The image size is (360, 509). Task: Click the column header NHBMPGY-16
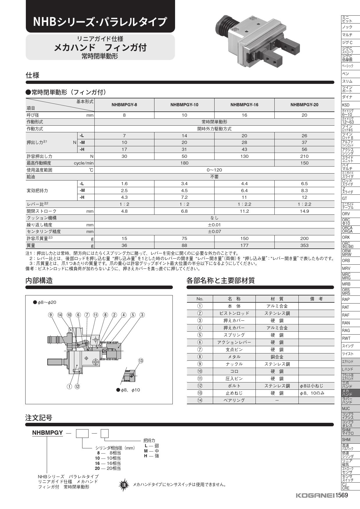[244, 105]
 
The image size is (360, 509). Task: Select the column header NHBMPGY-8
[124, 105]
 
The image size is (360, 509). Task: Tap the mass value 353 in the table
[304, 246]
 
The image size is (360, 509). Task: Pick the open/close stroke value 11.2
[244, 211]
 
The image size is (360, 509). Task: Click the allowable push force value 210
[304, 156]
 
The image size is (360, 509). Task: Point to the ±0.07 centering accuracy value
[214, 232]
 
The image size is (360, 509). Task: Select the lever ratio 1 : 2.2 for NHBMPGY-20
[304, 204]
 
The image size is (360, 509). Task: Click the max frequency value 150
[304, 163]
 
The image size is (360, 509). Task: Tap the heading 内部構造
[39, 281]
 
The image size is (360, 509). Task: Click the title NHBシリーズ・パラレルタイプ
[100, 22]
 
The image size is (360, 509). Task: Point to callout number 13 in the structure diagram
[141, 361]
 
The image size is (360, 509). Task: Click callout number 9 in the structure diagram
[51, 315]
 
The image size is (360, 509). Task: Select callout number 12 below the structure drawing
[77, 387]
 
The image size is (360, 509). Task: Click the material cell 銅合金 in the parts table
[277, 357]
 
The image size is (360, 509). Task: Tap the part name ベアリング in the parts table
[234, 400]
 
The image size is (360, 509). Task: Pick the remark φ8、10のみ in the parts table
[312, 393]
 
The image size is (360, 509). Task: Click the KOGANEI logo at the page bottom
[315, 496]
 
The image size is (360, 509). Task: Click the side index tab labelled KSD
[346, 105]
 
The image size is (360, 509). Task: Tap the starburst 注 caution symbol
[124, 484]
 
